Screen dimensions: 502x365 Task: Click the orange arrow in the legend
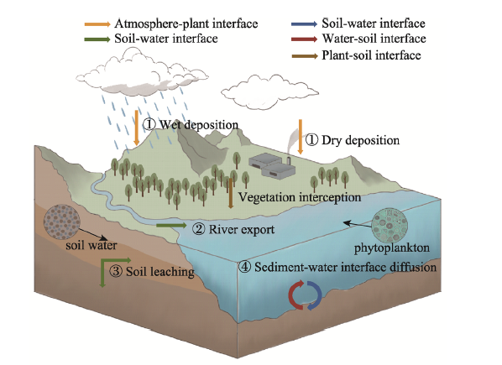pyautogui.click(x=97, y=24)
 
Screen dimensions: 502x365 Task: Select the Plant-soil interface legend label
pyautogui.click(x=371, y=55)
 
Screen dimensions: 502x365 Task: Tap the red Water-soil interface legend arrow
pyautogui.click(x=305, y=39)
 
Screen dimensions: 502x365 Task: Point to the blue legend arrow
pyautogui.click(x=305, y=24)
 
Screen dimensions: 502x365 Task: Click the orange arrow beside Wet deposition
pyautogui.click(x=137, y=128)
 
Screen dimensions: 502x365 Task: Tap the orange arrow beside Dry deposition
pyautogui.click(x=301, y=137)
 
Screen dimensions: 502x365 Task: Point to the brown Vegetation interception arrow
pyautogui.click(x=231, y=193)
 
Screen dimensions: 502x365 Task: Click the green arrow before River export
pyautogui.click(x=171, y=226)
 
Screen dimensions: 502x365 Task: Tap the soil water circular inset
pyautogui.click(x=62, y=222)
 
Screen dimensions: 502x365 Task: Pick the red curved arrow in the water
pyautogui.click(x=295, y=295)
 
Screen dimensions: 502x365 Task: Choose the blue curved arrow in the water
pyautogui.click(x=315, y=295)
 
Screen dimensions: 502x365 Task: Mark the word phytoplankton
pyautogui.click(x=391, y=248)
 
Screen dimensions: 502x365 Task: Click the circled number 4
pyautogui.click(x=244, y=267)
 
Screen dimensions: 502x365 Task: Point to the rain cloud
pyautogui.click(x=142, y=74)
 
